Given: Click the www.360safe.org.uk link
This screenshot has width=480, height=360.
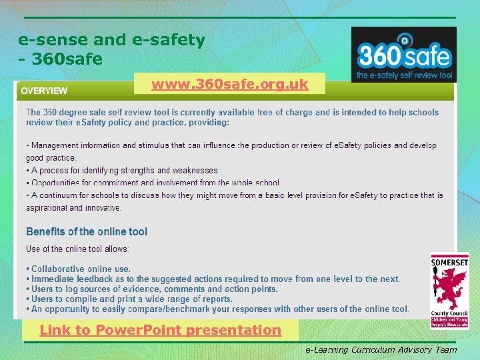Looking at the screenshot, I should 229,84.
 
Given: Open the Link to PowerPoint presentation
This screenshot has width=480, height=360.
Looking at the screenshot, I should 160,330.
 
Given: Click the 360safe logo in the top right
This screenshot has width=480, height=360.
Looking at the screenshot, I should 403,55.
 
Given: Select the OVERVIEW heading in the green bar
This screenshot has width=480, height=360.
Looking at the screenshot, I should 44,91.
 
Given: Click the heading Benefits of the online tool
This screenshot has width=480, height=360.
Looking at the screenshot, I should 87,232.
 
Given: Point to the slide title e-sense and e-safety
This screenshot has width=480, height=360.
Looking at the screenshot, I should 111,40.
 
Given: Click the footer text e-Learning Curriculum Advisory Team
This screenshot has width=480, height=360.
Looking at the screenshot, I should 381,349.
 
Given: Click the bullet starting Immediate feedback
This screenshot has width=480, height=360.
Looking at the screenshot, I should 213,279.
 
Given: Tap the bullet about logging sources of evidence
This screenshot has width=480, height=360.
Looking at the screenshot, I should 152,289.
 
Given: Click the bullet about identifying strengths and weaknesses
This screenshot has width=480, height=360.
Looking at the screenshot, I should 123,171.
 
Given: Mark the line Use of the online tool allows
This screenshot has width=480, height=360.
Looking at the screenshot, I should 78,249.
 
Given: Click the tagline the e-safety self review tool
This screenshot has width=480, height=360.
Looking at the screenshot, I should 404,75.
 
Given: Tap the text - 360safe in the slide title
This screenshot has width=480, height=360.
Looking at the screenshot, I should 61,59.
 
